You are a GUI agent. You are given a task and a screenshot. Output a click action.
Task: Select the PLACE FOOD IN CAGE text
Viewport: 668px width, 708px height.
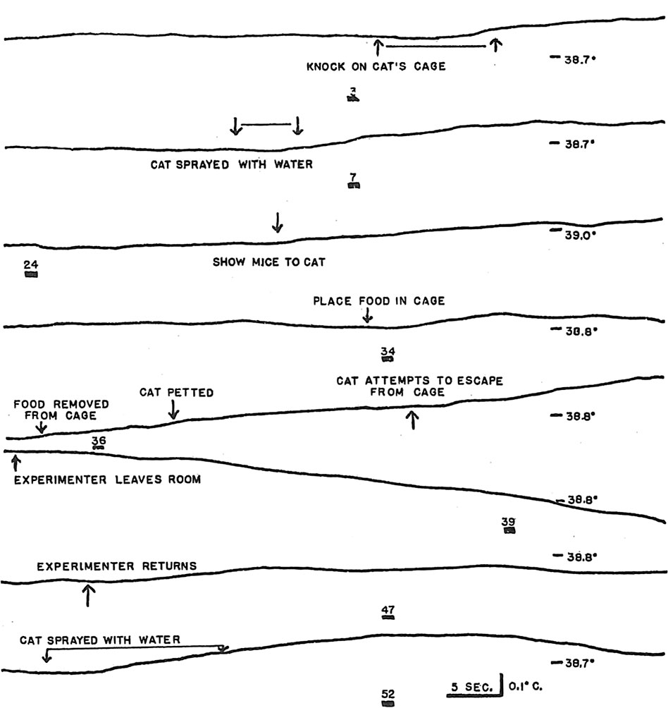tap(379, 301)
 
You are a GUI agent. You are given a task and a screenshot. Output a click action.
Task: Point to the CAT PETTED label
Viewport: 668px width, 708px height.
tap(176, 393)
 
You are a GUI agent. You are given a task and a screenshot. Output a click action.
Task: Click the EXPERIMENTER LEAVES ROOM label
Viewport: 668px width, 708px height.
tap(108, 480)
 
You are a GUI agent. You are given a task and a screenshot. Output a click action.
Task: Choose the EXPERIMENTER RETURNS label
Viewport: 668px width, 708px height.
tap(117, 566)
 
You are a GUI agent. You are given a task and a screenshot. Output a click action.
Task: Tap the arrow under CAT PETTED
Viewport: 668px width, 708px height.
tap(173, 410)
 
